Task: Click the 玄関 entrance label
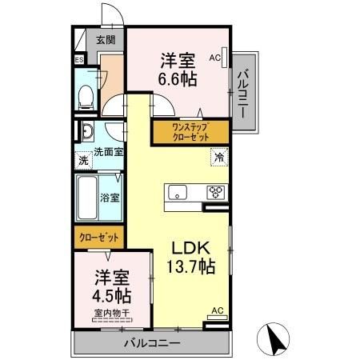(106, 38)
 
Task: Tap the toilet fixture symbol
(84, 94)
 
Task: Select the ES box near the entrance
(79, 60)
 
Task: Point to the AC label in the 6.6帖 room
(214, 57)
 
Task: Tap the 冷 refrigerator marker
(218, 158)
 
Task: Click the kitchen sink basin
(178, 193)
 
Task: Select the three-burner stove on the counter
(216, 192)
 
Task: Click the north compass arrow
(274, 340)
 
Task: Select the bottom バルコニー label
(151, 343)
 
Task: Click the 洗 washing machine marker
(83, 160)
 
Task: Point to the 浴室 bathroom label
(110, 196)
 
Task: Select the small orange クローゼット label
(99, 238)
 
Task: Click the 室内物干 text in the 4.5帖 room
(113, 314)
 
